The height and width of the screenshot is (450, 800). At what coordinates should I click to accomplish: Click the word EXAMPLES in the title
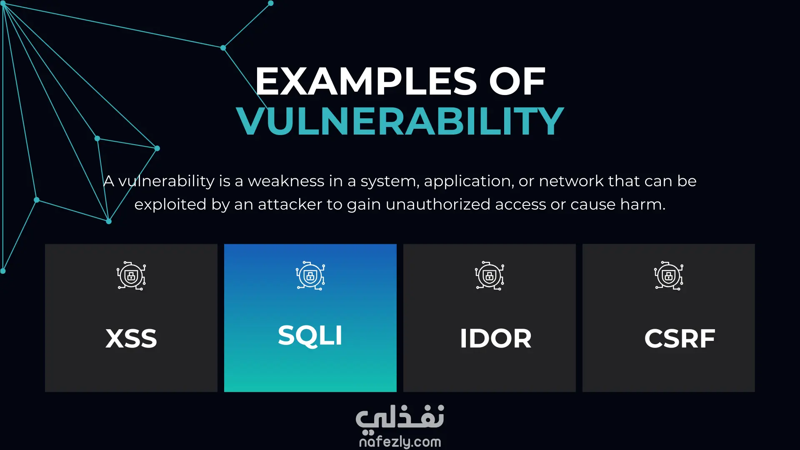click(366, 81)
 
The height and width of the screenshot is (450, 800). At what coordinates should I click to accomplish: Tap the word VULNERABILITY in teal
click(400, 121)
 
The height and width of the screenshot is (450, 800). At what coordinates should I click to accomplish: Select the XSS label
click(131, 338)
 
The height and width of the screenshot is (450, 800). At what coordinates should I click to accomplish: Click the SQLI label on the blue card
click(310, 335)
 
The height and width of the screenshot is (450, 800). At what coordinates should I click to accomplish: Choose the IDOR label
click(495, 338)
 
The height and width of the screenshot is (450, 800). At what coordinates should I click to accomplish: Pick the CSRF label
click(680, 338)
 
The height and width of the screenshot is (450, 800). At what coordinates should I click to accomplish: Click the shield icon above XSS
click(131, 276)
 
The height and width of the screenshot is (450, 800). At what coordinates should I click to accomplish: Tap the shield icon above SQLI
click(310, 276)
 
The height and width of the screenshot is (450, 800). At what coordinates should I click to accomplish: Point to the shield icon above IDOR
click(490, 276)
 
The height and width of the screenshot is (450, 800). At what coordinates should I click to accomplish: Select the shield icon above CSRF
click(669, 276)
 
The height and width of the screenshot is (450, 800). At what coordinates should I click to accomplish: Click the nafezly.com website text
click(400, 442)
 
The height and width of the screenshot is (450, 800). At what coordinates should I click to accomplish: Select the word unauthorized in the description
click(438, 205)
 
